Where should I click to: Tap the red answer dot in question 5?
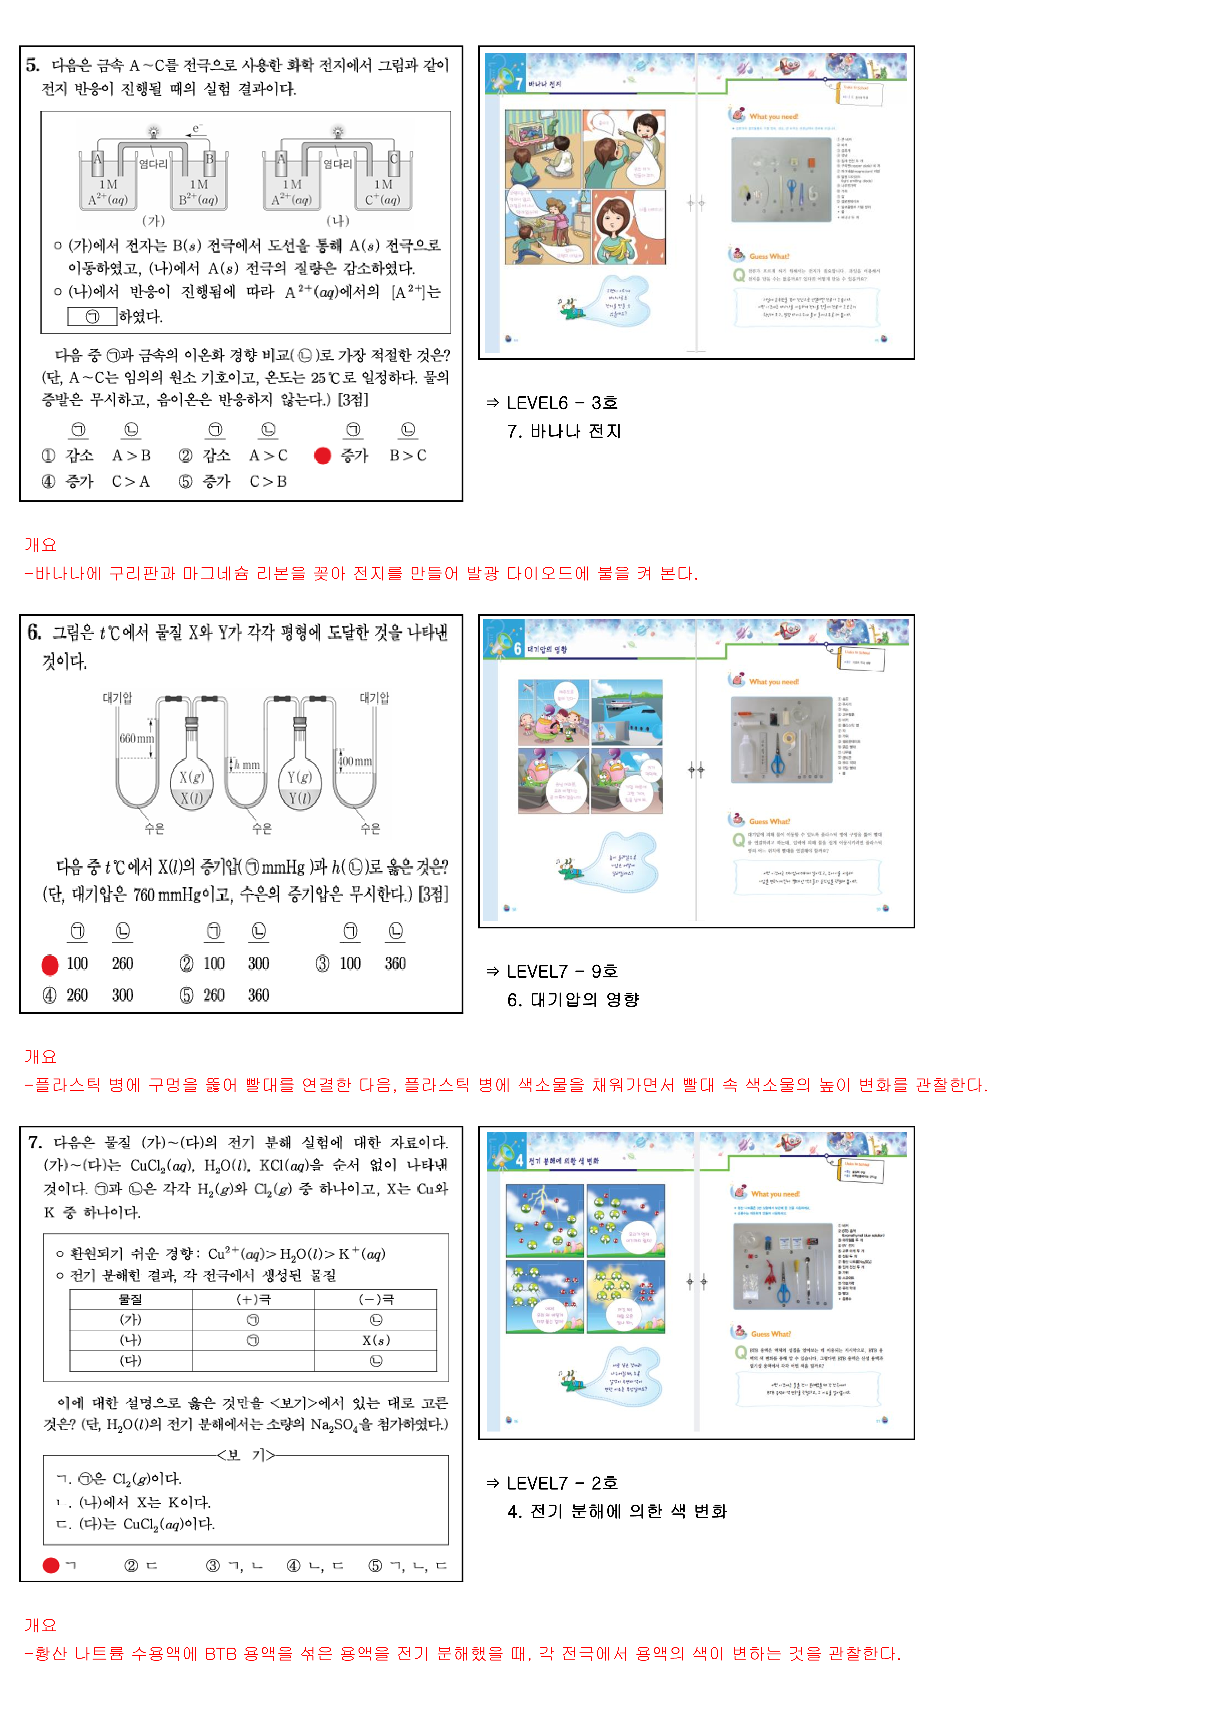(322, 456)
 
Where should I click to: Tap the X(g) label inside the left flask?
(191, 777)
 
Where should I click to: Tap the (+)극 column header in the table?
(253, 1299)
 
